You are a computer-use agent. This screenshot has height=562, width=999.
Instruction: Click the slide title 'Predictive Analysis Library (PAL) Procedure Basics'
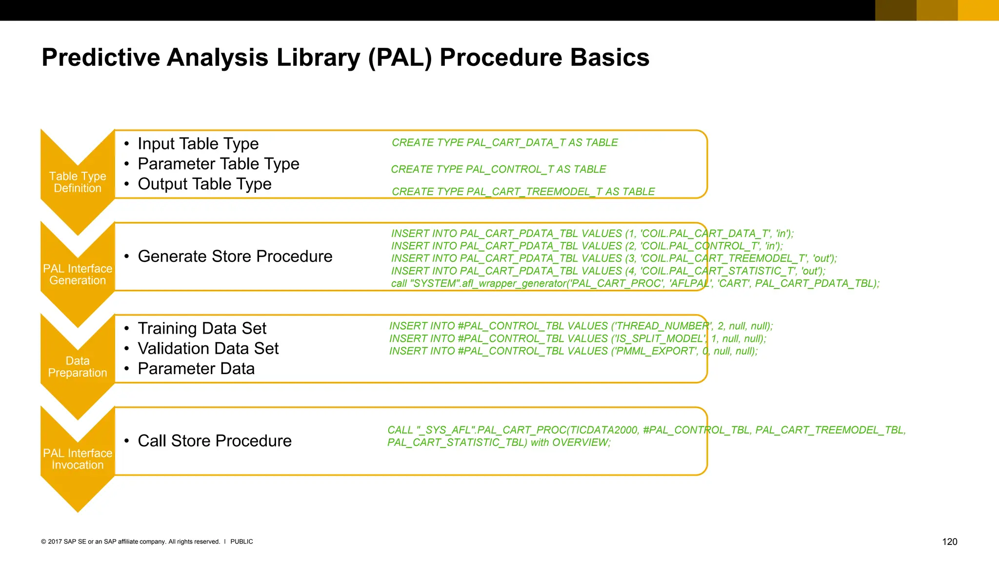345,58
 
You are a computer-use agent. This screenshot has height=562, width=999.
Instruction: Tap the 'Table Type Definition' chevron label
78,182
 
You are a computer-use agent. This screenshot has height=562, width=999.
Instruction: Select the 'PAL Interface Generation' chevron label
78,275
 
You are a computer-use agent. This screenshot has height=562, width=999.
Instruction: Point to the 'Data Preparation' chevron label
78,367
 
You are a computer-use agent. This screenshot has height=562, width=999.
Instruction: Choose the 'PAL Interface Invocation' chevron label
78,459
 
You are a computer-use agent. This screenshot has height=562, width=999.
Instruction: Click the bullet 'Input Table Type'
198,144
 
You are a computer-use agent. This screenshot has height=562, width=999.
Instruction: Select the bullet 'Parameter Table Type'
218,164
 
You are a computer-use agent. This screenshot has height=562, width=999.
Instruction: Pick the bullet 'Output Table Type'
204,184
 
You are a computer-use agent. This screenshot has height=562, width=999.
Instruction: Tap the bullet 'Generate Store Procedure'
235,257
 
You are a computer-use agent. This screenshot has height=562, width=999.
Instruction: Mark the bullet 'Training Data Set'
202,329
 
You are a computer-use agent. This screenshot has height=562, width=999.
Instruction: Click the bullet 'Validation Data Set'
208,349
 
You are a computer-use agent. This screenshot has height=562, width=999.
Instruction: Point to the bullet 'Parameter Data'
196,369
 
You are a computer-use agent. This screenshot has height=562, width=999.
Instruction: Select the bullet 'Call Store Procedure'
215,441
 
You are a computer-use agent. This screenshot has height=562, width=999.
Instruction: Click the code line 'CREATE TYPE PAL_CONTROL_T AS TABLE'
498,169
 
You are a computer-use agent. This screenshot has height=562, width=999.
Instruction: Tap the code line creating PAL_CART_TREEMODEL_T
523,192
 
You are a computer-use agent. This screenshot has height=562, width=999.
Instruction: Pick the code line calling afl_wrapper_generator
635,283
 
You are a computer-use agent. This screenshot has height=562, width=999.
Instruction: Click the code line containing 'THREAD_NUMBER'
580,326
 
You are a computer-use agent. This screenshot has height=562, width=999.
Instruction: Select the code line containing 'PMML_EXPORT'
573,351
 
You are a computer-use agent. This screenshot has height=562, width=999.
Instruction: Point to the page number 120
949,542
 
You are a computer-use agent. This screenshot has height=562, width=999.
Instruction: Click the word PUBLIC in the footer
241,542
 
